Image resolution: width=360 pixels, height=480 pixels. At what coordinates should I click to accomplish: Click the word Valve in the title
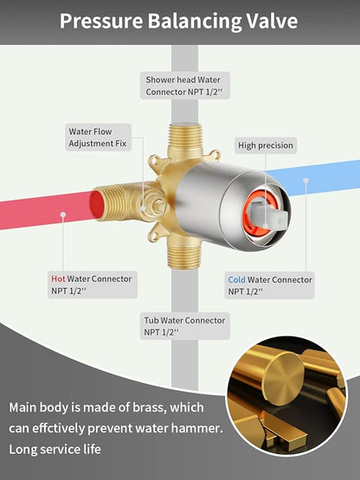pyautogui.click(x=272, y=21)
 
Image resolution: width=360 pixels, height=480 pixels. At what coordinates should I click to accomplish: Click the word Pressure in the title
pyautogui.click(x=101, y=21)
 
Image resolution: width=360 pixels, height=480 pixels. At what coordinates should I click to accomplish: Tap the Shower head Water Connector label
pyautogui.click(x=184, y=86)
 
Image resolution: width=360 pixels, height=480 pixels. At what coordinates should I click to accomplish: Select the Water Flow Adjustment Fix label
pyautogui.click(x=98, y=138)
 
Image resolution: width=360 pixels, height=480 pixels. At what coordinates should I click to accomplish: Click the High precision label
pyautogui.click(x=266, y=145)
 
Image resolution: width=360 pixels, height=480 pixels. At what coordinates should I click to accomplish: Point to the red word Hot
pyautogui.click(x=58, y=278)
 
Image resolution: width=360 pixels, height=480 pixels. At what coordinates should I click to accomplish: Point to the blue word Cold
pyautogui.click(x=236, y=280)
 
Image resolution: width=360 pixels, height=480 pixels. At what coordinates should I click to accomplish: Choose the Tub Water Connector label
pyautogui.click(x=184, y=326)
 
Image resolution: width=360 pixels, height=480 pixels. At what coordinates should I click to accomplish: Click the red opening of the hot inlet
pyautogui.click(x=98, y=205)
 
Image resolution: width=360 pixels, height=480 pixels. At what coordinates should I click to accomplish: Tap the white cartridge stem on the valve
pyautogui.click(x=269, y=214)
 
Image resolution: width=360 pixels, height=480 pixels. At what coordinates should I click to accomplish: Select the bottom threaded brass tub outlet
pyautogui.click(x=183, y=253)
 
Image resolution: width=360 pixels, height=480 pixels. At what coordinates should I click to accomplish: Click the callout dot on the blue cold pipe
pyautogui.click(x=305, y=180)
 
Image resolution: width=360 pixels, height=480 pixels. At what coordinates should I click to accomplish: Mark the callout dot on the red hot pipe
pyautogui.click(x=63, y=214)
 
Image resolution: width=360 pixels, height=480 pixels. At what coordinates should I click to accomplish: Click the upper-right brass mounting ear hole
pyautogui.click(x=215, y=155)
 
